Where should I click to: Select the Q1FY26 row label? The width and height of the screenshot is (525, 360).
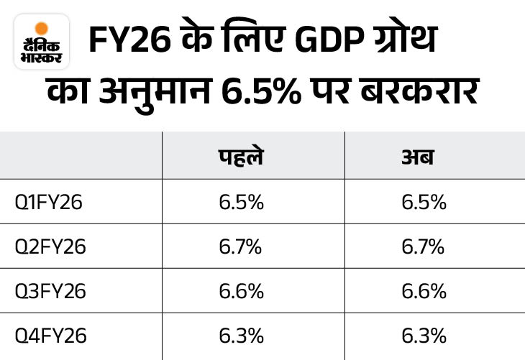point(49,203)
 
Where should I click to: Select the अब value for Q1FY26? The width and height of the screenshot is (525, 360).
point(424,203)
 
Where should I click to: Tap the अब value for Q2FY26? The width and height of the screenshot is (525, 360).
point(424,247)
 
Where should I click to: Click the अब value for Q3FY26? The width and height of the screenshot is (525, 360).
point(424,292)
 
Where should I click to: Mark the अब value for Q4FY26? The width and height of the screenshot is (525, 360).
point(424,336)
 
